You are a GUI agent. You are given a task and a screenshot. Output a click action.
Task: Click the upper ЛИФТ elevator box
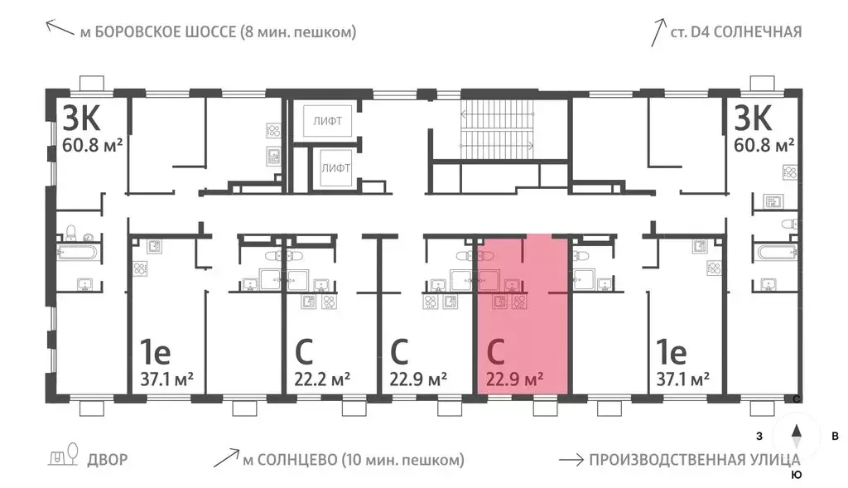tap(330, 121)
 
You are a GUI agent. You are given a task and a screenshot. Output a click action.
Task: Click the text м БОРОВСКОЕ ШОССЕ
tap(217, 32)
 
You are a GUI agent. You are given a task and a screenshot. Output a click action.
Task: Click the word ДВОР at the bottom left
tap(108, 460)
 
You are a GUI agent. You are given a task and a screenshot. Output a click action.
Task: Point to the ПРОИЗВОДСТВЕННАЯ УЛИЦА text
tap(694, 460)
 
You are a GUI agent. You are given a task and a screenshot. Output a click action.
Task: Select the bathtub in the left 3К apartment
tap(79, 249)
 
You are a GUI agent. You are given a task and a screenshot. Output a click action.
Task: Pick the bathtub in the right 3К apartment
tap(775, 249)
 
